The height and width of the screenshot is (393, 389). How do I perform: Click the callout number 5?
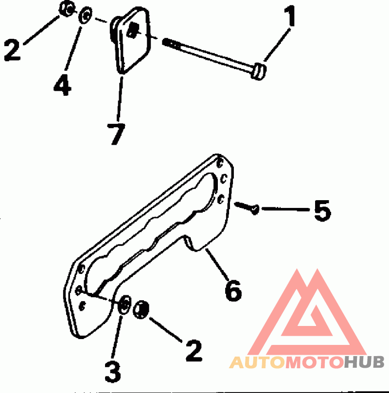(x=321, y=211)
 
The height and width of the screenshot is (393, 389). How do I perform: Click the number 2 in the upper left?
(x=13, y=51)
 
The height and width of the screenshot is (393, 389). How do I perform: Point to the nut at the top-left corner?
(x=67, y=8)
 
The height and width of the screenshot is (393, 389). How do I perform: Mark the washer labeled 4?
(x=86, y=15)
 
